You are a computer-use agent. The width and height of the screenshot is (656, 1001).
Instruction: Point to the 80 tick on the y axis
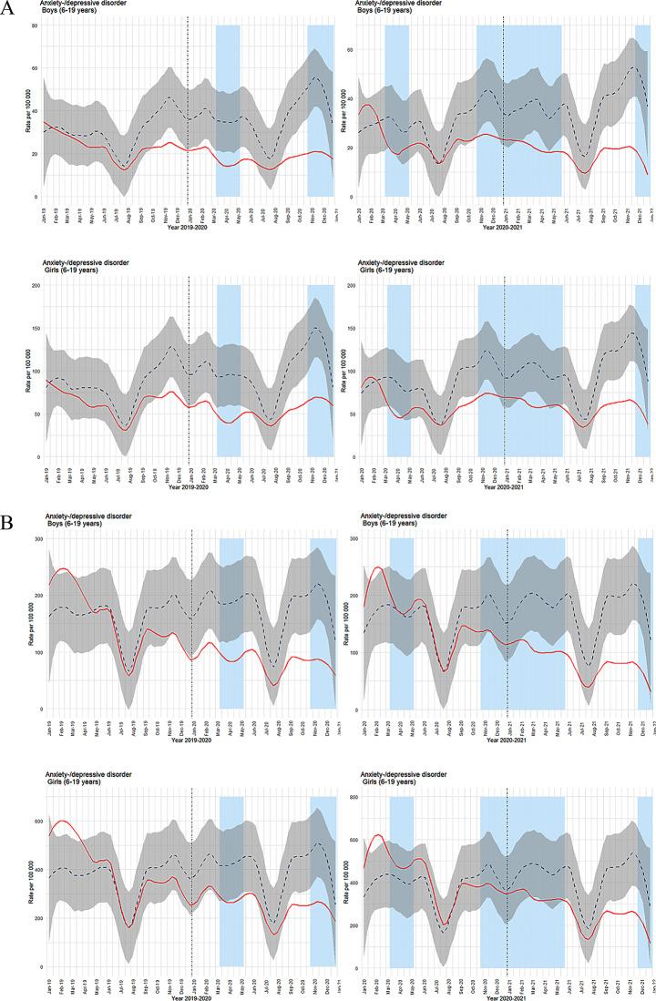34,26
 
